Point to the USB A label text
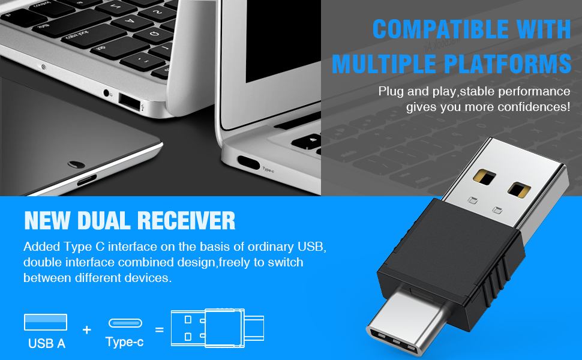click(46, 344)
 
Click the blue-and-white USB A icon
click(46, 322)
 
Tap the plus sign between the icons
click(87, 329)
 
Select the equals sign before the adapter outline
click(160, 329)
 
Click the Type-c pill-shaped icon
click(125, 323)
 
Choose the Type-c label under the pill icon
click(124, 343)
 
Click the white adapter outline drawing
click(217, 328)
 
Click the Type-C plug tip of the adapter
click(399, 324)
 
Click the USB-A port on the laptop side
click(129, 100)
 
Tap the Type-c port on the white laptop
click(248, 162)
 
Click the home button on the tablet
click(76, 163)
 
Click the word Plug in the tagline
click(390, 92)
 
